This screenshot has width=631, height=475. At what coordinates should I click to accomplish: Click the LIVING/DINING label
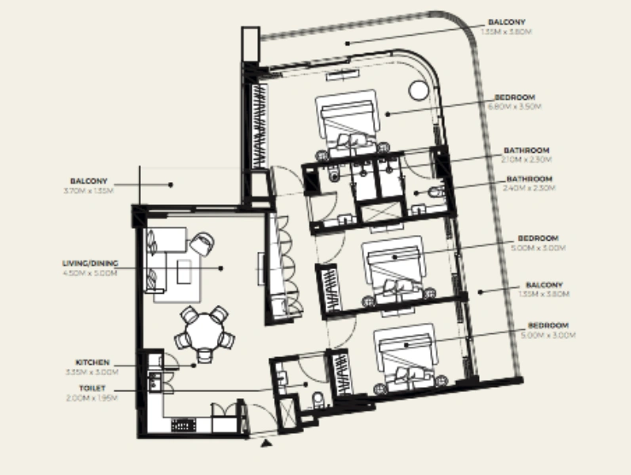89,264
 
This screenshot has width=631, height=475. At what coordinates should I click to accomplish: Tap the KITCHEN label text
93,362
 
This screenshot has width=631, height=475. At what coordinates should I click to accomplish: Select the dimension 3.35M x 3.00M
93,371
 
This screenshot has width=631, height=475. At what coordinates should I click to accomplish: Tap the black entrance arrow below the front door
267,444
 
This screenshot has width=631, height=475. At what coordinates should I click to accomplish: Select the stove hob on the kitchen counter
183,424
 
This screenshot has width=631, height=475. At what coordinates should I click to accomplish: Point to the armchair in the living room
200,242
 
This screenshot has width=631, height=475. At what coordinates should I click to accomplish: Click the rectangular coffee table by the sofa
184,272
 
